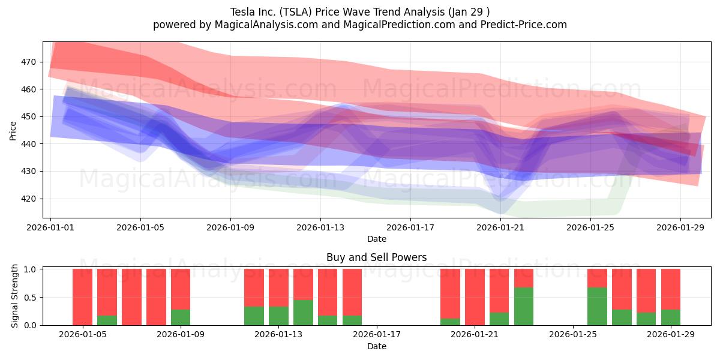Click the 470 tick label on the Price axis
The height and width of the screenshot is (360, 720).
[29, 62]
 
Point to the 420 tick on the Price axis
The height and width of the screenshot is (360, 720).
[29, 199]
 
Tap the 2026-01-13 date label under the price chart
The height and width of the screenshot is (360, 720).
[320, 227]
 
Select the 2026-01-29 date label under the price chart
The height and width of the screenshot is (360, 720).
[680, 227]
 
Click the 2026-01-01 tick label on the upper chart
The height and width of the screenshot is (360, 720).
[50, 227]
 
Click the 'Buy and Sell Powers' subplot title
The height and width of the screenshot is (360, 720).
[376, 257]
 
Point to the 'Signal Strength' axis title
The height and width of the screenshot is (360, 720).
[15, 297]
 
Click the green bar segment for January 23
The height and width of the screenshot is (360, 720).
[524, 306]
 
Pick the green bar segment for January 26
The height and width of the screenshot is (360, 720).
[597, 306]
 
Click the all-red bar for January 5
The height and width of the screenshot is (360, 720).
[82, 297]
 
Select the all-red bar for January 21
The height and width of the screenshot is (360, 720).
[475, 297]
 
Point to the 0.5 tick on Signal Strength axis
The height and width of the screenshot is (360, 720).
[31, 297]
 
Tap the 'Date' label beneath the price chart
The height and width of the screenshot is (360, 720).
[376, 239]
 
